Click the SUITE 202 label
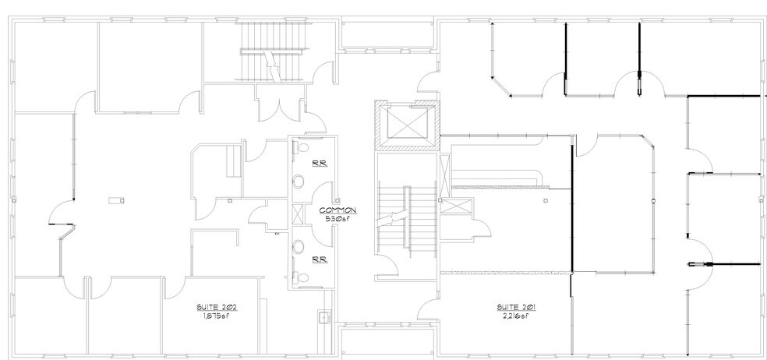pos(217,308)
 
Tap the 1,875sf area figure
pos(217,316)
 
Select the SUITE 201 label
pos(517,308)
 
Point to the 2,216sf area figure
pos(517,316)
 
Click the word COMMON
pos(338,210)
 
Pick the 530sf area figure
pos(338,219)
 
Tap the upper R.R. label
pos(320,164)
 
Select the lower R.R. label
pos(320,259)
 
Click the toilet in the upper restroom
pos(300,146)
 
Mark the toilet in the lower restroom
pos(300,278)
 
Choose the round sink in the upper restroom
pos(298,182)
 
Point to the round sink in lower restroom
pos(298,247)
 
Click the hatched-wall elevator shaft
pos(407,125)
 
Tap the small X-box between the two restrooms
pos(298,214)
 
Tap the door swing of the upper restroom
pos(323,191)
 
